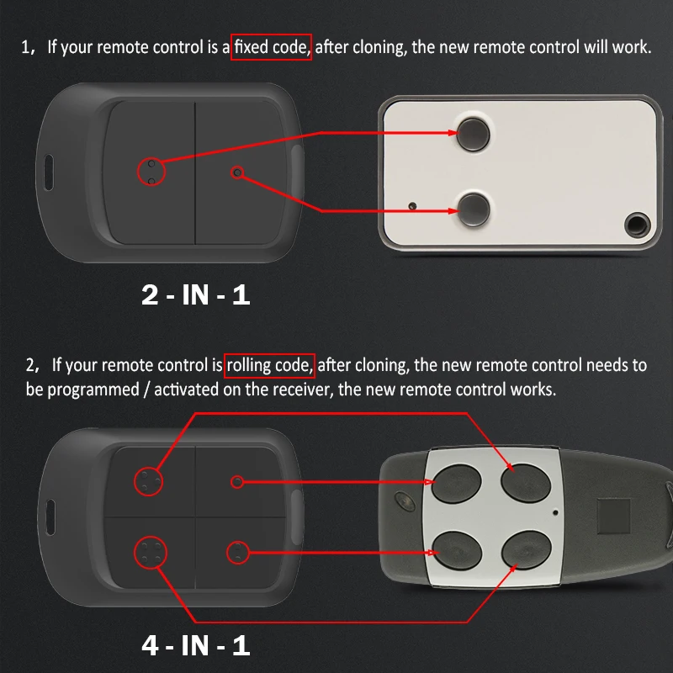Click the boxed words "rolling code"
(x=270, y=365)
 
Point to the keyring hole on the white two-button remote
(x=637, y=224)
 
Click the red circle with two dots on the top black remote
(x=151, y=172)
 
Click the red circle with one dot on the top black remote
(x=237, y=172)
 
